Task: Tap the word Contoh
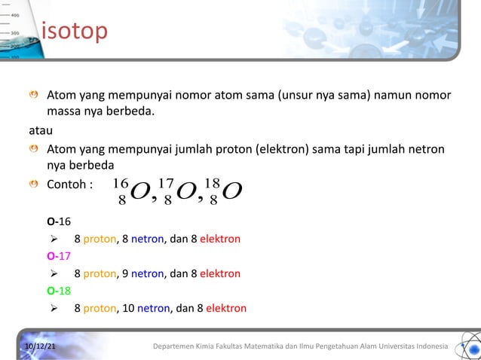pos(66,183)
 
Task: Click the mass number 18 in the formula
pos(212,183)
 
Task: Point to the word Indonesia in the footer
pos(427,346)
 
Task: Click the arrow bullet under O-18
pos(54,307)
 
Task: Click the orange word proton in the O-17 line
pos(100,273)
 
